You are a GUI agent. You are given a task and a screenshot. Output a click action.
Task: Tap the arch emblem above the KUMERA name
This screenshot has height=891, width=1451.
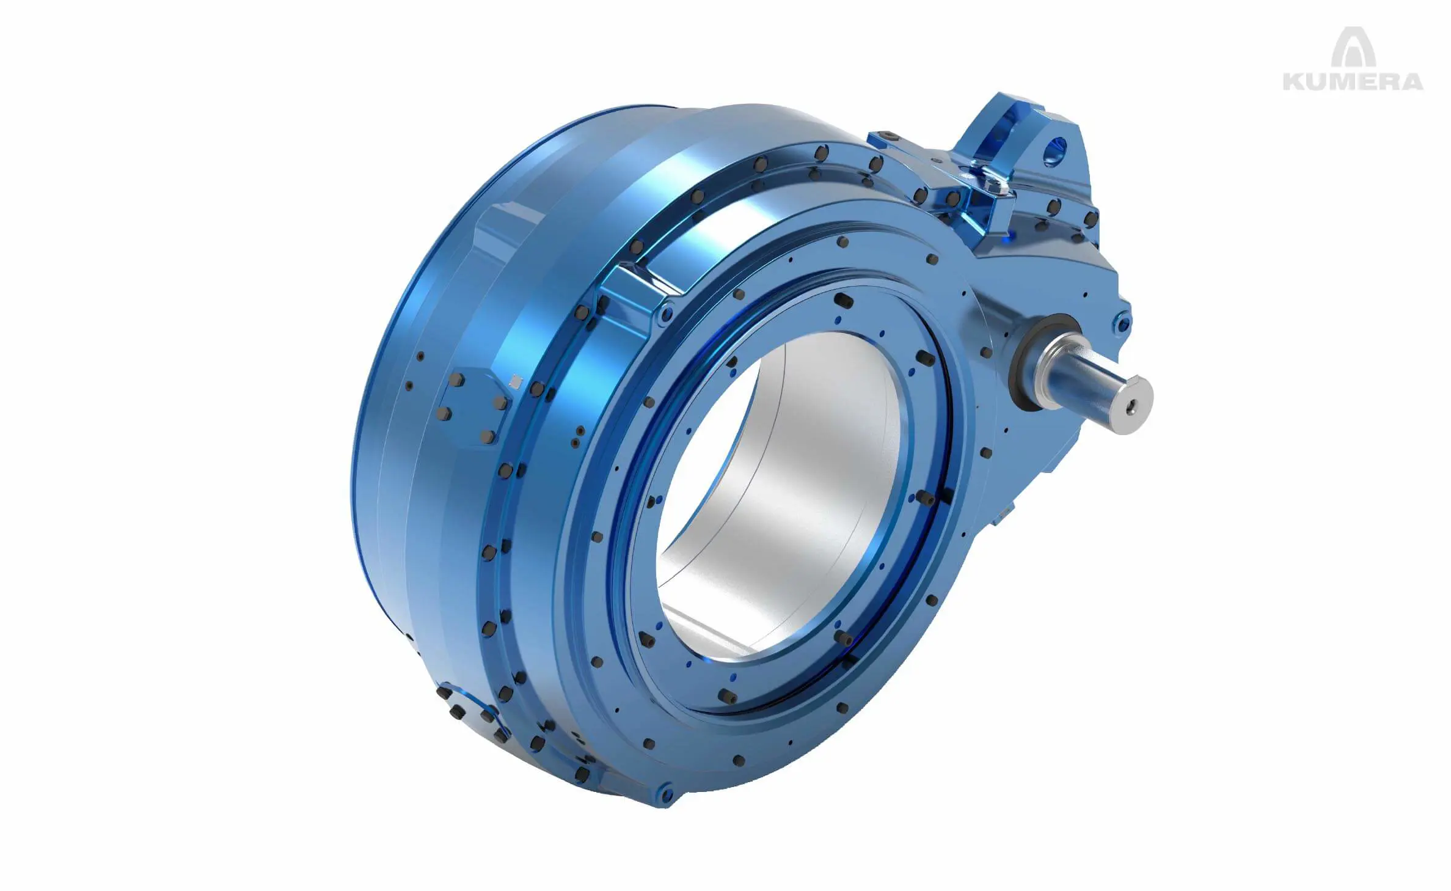(1353, 48)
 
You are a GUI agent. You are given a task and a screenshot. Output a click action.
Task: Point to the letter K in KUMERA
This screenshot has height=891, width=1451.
(1294, 81)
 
